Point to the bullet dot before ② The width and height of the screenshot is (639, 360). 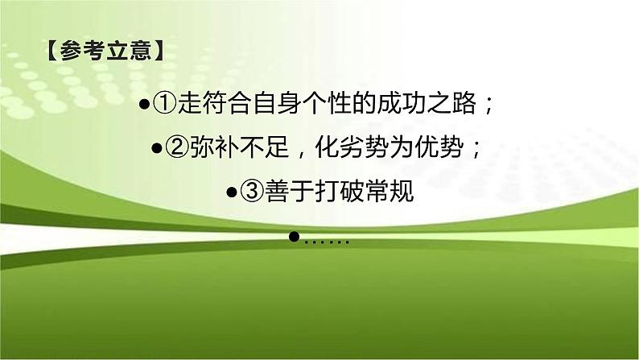point(156,150)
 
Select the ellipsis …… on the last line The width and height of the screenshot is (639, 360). point(326,239)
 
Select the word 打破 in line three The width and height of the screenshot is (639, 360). point(333,192)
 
